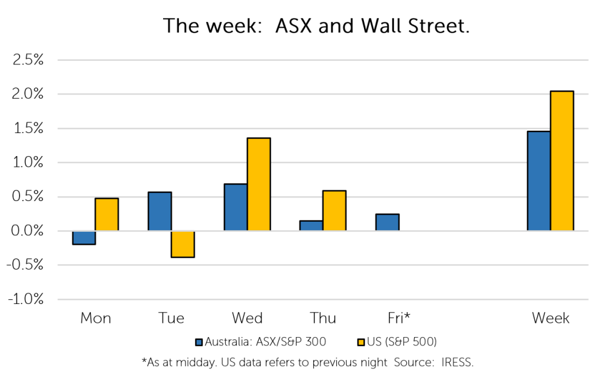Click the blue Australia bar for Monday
point(84,238)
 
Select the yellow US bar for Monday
point(107,215)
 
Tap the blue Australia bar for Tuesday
point(160,211)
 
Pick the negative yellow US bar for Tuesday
point(183,244)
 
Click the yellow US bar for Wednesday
point(259,185)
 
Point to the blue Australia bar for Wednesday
point(236,208)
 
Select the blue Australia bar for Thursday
point(311,225)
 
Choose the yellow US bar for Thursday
point(334,211)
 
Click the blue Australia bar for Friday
point(388,222)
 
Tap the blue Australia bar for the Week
point(539,181)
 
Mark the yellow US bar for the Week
point(562,161)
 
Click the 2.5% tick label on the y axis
point(28,60)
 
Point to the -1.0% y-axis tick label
point(26,299)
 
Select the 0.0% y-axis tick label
point(27,231)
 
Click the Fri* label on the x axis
point(399,318)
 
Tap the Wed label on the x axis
point(248,318)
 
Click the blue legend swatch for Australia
point(199,342)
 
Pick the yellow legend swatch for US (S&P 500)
point(361,342)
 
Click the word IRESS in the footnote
point(458,363)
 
